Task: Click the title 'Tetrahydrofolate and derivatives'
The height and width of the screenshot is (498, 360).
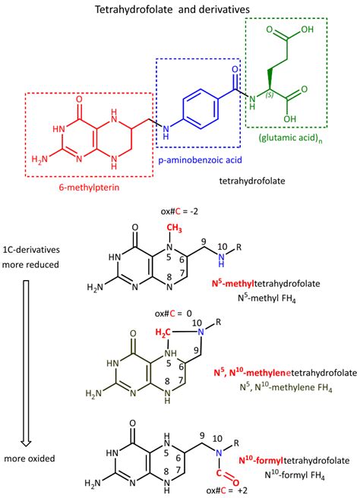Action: [x=172, y=9]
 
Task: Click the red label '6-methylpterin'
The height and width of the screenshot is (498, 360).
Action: [x=90, y=188]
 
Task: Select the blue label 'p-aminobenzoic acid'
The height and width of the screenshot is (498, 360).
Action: [x=201, y=159]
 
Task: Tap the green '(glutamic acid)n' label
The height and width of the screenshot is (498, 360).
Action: [x=290, y=138]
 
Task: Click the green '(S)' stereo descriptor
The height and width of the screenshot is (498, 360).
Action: [x=270, y=95]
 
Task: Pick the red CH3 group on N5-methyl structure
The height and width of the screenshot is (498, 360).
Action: [x=174, y=228]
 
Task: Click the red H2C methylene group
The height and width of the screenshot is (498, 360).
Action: [x=163, y=333]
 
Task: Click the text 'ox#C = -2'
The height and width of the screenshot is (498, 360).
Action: [x=179, y=211]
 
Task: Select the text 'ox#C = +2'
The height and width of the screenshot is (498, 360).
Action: [x=226, y=490]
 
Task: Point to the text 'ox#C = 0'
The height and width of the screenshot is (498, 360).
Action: [x=173, y=314]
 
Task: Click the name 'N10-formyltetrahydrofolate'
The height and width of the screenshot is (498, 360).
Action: [x=294, y=460]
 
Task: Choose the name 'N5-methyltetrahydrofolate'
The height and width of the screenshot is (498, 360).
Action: [x=266, y=283]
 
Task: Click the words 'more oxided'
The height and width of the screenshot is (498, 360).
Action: [x=30, y=459]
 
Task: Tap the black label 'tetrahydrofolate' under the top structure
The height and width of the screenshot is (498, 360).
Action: [x=252, y=181]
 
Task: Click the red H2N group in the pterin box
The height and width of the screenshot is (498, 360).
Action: [x=39, y=159]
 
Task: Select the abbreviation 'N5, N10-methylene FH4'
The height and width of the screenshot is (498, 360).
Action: [x=286, y=387]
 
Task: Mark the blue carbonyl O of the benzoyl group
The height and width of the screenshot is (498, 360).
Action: [x=235, y=70]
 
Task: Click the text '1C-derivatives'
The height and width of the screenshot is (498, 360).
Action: [x=31, y=250]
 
